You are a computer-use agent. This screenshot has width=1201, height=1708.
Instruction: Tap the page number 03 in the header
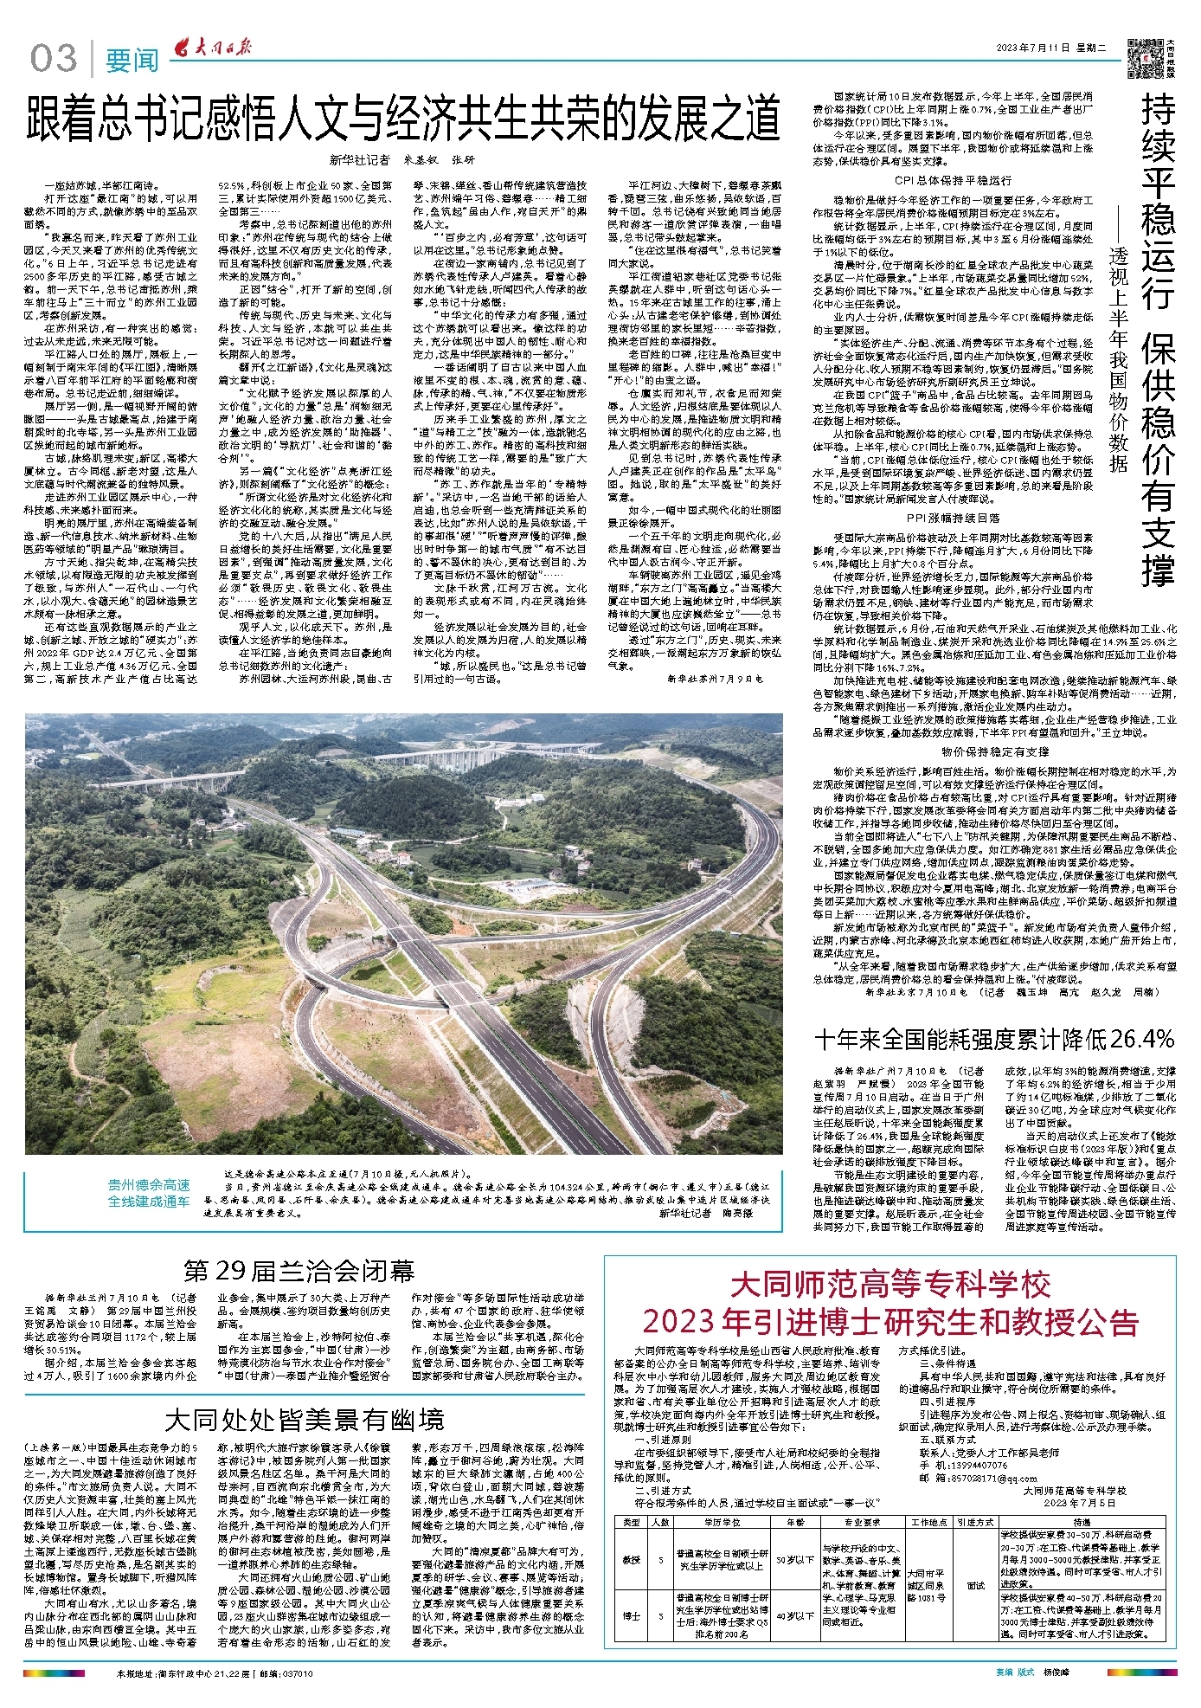[54, 59]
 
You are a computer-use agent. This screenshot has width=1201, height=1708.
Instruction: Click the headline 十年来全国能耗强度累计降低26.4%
[994, 1038]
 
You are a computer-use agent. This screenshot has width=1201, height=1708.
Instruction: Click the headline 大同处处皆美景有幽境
[305, 1419]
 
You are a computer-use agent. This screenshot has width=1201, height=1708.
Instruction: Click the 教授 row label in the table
[631, 1559]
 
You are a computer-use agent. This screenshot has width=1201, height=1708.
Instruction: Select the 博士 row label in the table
[631, 1615]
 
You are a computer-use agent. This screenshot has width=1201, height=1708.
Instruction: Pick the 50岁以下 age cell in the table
[793, 1559]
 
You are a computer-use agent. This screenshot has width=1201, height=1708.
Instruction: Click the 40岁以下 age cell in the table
[793, 1615]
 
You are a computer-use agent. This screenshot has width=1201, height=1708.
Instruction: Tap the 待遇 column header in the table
[1081, 1521]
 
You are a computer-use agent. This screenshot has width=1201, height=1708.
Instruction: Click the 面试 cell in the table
[975, 1585]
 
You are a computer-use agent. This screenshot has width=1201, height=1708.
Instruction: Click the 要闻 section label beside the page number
[132, 61]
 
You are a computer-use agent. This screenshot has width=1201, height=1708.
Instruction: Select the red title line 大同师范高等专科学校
[890, 1283]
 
